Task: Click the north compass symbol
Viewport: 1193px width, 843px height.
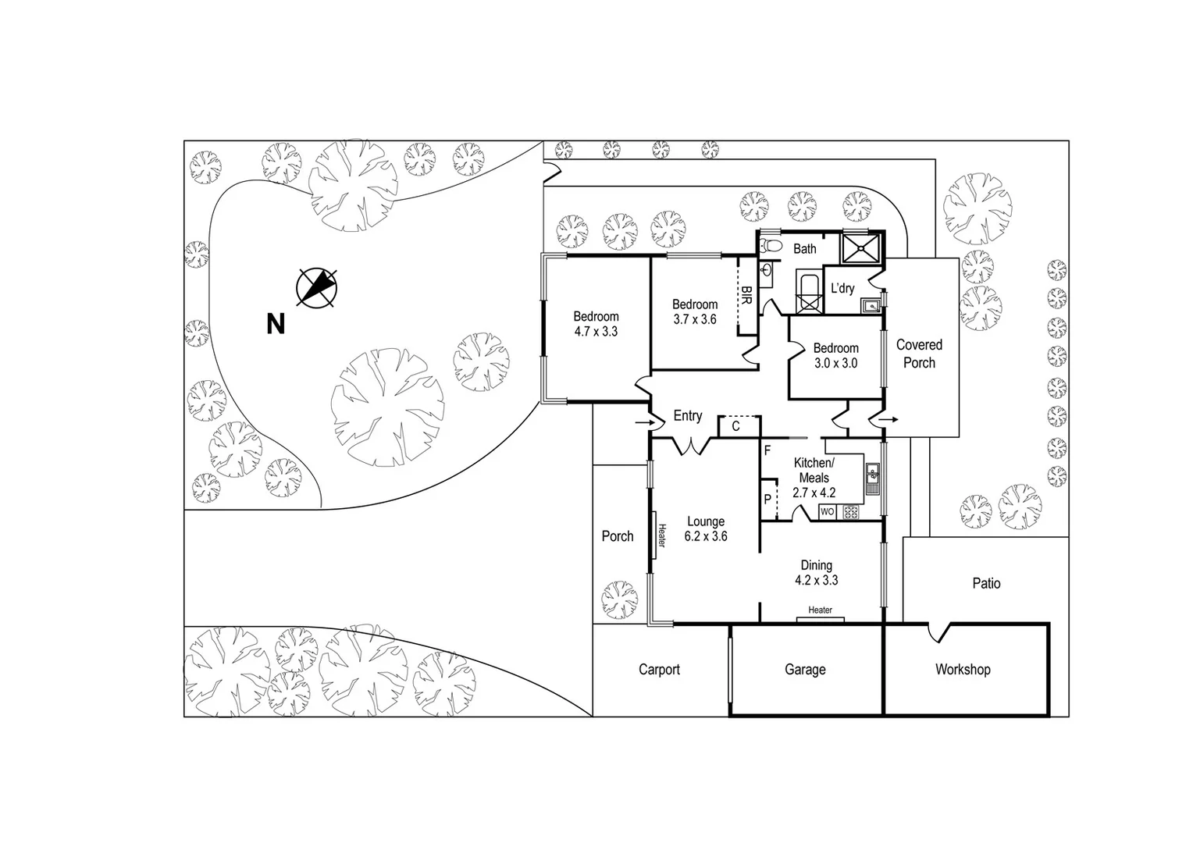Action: [x=317, y=286]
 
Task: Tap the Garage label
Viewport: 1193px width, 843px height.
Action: [x=805, y=670]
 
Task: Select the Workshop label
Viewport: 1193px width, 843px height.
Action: [x=963, y=670]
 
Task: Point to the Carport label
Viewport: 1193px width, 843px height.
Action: [x=659, y=670]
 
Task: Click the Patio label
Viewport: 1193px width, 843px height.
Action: [x=986, y=583]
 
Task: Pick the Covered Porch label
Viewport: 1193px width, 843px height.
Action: [x=919, y=354]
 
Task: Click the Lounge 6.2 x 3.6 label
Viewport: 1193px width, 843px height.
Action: [x=706, y=528]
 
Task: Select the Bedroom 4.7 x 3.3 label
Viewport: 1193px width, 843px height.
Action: [x=596, y=323]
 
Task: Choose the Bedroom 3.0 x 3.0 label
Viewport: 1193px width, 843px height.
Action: [x=835, y=355]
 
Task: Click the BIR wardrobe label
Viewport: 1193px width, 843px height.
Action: [x=746, y=295]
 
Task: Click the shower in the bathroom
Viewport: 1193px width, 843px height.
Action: [x=860, y=249]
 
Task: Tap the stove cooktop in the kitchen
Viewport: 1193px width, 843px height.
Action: [x=850, y=513]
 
